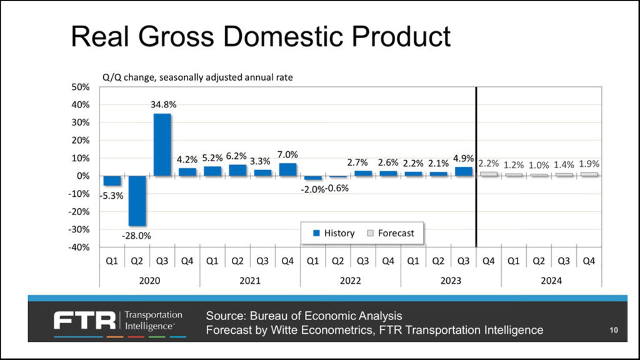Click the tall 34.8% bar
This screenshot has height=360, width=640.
coord(162,144)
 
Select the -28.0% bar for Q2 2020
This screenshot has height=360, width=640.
coord(137,201)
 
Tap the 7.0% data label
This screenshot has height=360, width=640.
coord(287,154)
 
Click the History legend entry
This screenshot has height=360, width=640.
coord(334,233)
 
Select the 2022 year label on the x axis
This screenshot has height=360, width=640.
coord(351,281)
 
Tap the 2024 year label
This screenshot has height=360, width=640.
coord(551,281)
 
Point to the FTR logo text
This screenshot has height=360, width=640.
coord(85,321)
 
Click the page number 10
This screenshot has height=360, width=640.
coord(614,329)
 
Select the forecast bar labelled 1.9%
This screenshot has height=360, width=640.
coord(588,174)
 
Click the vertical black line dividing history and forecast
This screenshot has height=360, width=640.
coord(476,169)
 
